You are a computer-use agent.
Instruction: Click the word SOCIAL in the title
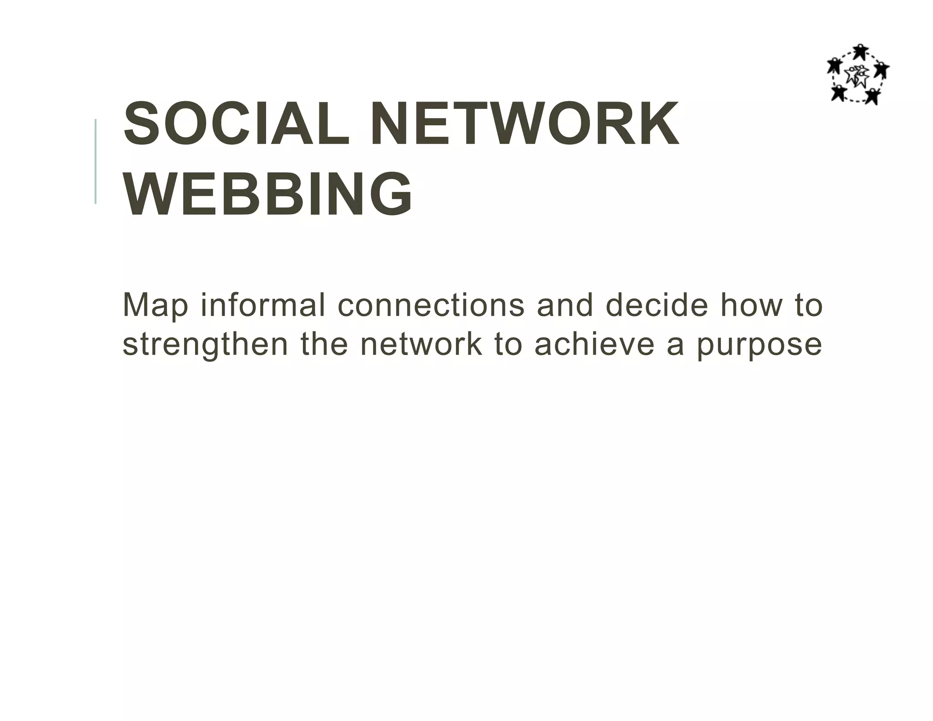[236, 124]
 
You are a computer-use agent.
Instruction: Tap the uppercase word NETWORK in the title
[525, 124]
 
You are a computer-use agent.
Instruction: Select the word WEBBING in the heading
[268, 194]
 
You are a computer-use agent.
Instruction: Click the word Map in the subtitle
[155, 306]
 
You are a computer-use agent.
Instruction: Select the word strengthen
[205, 345]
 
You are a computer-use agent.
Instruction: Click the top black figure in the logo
[860, 52]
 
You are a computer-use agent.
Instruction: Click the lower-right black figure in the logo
[872, 96]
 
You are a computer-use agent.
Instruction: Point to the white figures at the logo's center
[857, 76]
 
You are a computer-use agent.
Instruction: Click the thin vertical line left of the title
[96, 161]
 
